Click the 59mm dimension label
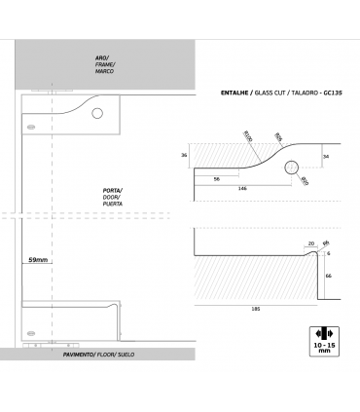[x=38, y=261]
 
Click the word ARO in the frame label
[x=102, y=57]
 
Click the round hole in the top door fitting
[x=97, y=114]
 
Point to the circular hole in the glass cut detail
[x=291, y=168]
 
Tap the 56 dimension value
[x=215, y=178]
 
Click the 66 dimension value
[x=329, y=276]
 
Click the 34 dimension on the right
[x=327, y=155]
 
